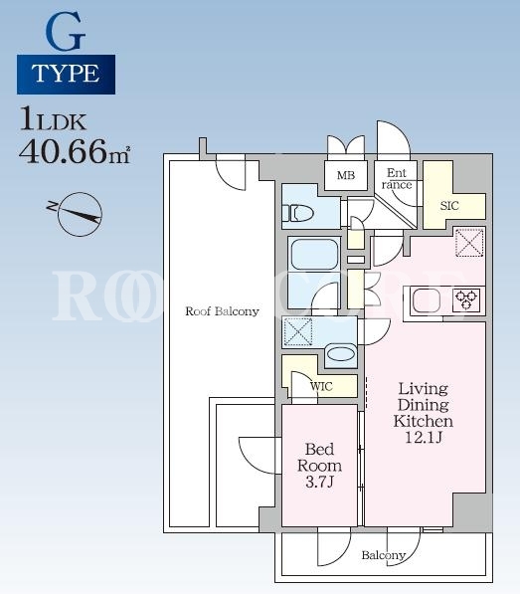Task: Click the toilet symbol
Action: pos(301,213)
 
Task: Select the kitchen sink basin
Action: pos(427,300)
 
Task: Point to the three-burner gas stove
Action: pos(466,300)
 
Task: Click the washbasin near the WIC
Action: pos(340,354)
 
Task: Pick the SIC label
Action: pos(449,206)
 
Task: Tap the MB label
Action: pos(346,175)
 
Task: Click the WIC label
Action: pos(321,387)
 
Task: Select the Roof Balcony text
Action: pos(222,311)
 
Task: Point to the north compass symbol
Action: pos(81,214)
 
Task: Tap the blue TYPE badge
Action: pos(66,75)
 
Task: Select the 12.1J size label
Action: pos(424,438)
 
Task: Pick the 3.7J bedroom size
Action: pos(320,483)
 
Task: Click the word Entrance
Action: pos(397,179)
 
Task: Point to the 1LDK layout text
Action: pos(54,118)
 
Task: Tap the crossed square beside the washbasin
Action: pos(298,332)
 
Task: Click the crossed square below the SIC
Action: pos(469,243)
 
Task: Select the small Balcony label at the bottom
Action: pos(384,555)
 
